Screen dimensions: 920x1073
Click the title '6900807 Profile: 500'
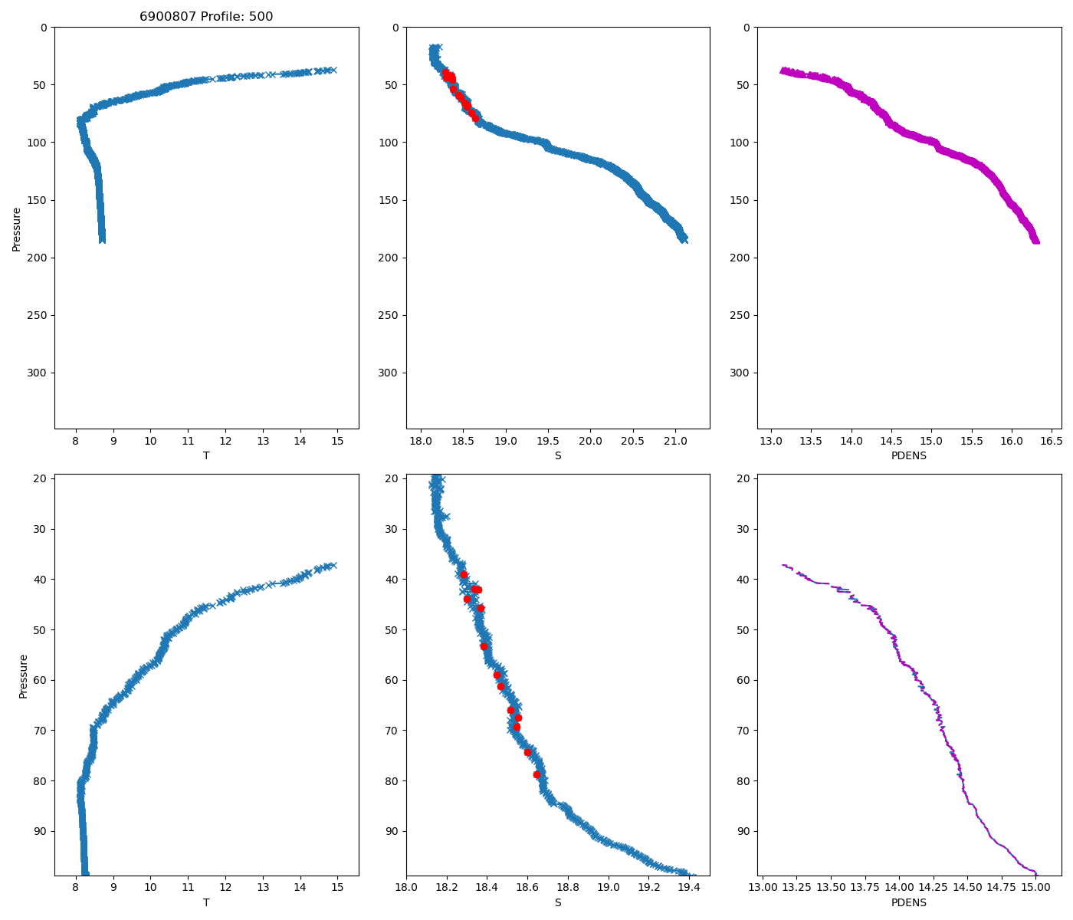[x=206, y=17]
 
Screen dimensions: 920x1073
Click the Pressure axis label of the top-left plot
[x=16, y=228]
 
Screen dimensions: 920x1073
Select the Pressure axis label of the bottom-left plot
[x=23, y=676]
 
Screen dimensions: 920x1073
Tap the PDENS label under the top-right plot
[x=909, y=455]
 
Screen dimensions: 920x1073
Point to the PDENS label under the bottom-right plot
[x=909, y=902]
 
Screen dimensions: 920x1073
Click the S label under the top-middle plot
[x=558, y=455]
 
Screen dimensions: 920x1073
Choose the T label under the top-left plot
[x=206, y=455]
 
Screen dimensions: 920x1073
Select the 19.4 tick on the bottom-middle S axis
[x=689, y=889]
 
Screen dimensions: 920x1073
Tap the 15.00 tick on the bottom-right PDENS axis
[x=1035, y=889]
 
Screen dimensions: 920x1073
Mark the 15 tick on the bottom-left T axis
[x=337, y=889]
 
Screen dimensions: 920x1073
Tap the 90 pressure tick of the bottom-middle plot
[x=392, y=831]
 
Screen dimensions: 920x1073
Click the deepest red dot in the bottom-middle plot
[x=536, y=774]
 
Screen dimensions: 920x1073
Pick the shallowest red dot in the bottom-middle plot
[x=464, y=574]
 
